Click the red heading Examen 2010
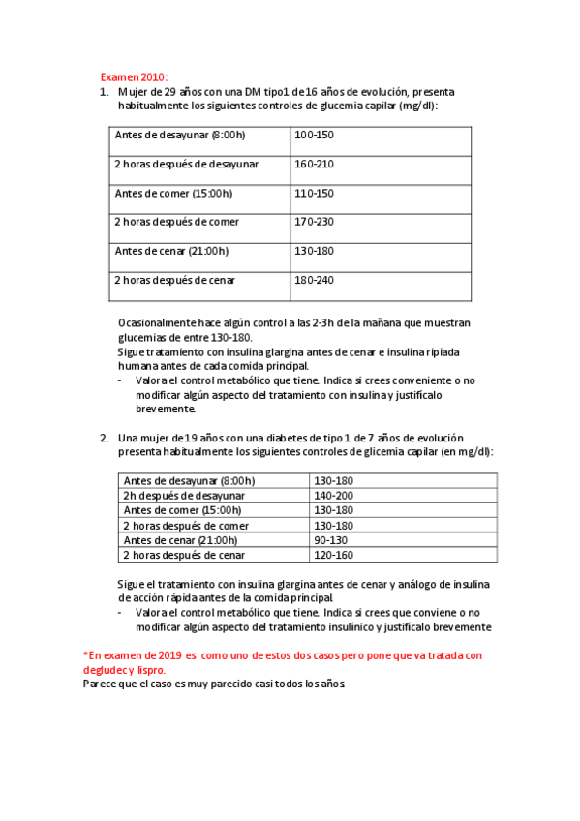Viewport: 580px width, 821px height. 135,77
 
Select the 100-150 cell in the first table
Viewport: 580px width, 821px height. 314,135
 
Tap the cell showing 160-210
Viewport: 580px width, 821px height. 314,164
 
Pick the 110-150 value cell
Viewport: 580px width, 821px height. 314,193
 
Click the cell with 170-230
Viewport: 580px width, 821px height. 314,222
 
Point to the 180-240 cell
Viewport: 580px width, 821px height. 314,280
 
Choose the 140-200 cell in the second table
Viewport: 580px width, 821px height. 334,495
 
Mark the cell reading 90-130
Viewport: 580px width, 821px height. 331,540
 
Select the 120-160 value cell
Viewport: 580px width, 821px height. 334,555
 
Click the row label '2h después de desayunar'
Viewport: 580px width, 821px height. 184,495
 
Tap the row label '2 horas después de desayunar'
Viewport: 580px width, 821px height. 187,164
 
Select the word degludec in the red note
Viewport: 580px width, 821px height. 107,669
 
